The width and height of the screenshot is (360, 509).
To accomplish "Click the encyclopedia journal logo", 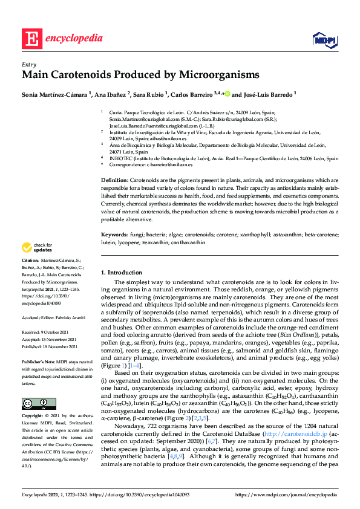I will (54, 39).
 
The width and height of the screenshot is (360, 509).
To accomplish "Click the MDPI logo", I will (323, 40).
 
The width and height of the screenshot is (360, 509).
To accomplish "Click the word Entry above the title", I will (28, 64).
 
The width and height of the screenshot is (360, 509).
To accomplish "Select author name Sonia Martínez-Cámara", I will (55, 94).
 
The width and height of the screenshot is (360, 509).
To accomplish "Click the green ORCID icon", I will (228, 94).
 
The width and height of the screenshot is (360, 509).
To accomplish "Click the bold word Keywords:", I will (114, 233).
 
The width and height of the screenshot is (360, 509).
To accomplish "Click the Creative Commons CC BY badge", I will (34, 404).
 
